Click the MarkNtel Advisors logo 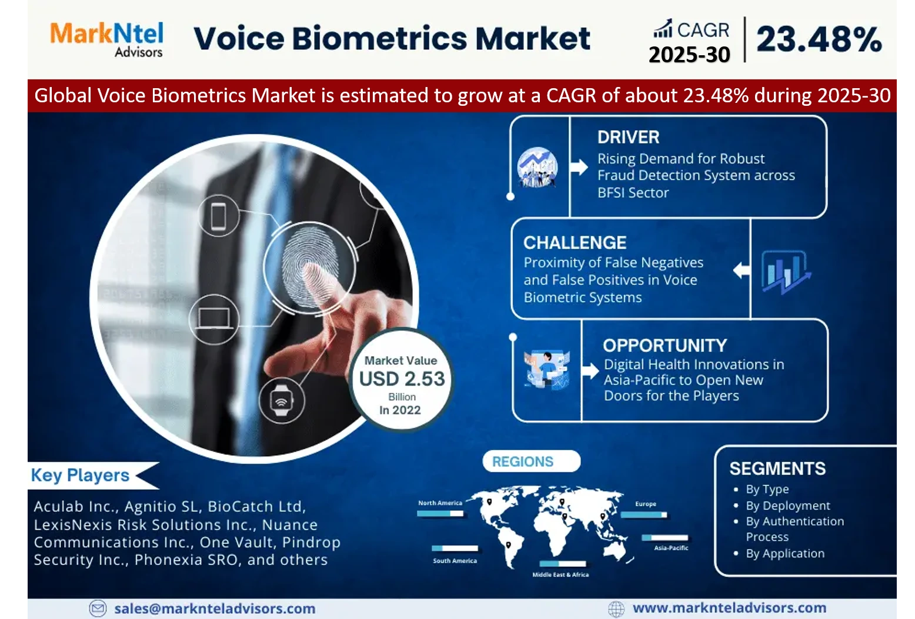pos(106,39)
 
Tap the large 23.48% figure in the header pos(819,39)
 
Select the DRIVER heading pos(628,137)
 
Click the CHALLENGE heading pos(575,243)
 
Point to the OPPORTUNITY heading pos(664,346)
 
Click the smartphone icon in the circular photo pos(219,216)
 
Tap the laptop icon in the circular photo pos(213,319)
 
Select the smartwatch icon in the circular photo pos(282,400)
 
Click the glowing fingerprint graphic pos(310,267)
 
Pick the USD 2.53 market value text pos(402,379)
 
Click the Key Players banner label pos(80,476)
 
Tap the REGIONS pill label pos(522,461)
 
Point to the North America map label pos(440,503)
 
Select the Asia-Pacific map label pos(671,547)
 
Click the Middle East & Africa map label pos(560,574)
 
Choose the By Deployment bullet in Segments pos(787,506)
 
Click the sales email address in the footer pos(215,608)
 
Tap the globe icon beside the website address pos(616,609)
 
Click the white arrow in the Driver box pos(579,167)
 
